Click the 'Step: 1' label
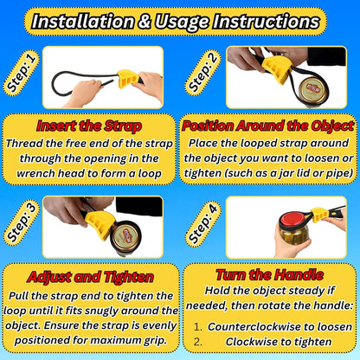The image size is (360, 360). click(21, 73)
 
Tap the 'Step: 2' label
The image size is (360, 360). click(202, 73)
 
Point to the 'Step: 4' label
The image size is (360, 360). click(202, 222)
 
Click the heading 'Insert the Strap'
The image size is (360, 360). click(89, 126)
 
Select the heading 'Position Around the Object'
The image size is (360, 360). click(268, 125)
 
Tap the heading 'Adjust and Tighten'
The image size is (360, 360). click(90, 277)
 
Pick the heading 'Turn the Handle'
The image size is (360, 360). click(270, 274)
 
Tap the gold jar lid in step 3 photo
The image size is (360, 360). click(125, 236)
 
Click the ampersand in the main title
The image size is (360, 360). click(144, 22)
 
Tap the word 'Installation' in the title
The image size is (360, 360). click(83, 22)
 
